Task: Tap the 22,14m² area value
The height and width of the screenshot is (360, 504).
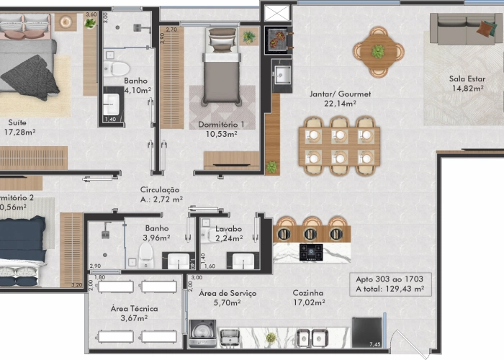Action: [330, 104]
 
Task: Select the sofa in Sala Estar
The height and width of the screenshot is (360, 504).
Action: [464, 29]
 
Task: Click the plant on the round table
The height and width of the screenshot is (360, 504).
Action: [377, 51]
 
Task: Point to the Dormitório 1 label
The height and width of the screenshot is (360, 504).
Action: [221, 125]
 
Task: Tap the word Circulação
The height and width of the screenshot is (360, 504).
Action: [160, 189]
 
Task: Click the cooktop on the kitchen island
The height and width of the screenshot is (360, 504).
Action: [310, 252]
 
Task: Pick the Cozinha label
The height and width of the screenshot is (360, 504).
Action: [307, 293]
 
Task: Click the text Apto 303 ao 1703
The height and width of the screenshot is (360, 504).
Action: [389, 279]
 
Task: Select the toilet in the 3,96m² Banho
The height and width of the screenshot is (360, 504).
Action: [146, 253]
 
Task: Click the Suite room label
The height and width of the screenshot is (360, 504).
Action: [18, 122]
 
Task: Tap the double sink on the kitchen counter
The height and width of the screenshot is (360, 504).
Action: [310, 336]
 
